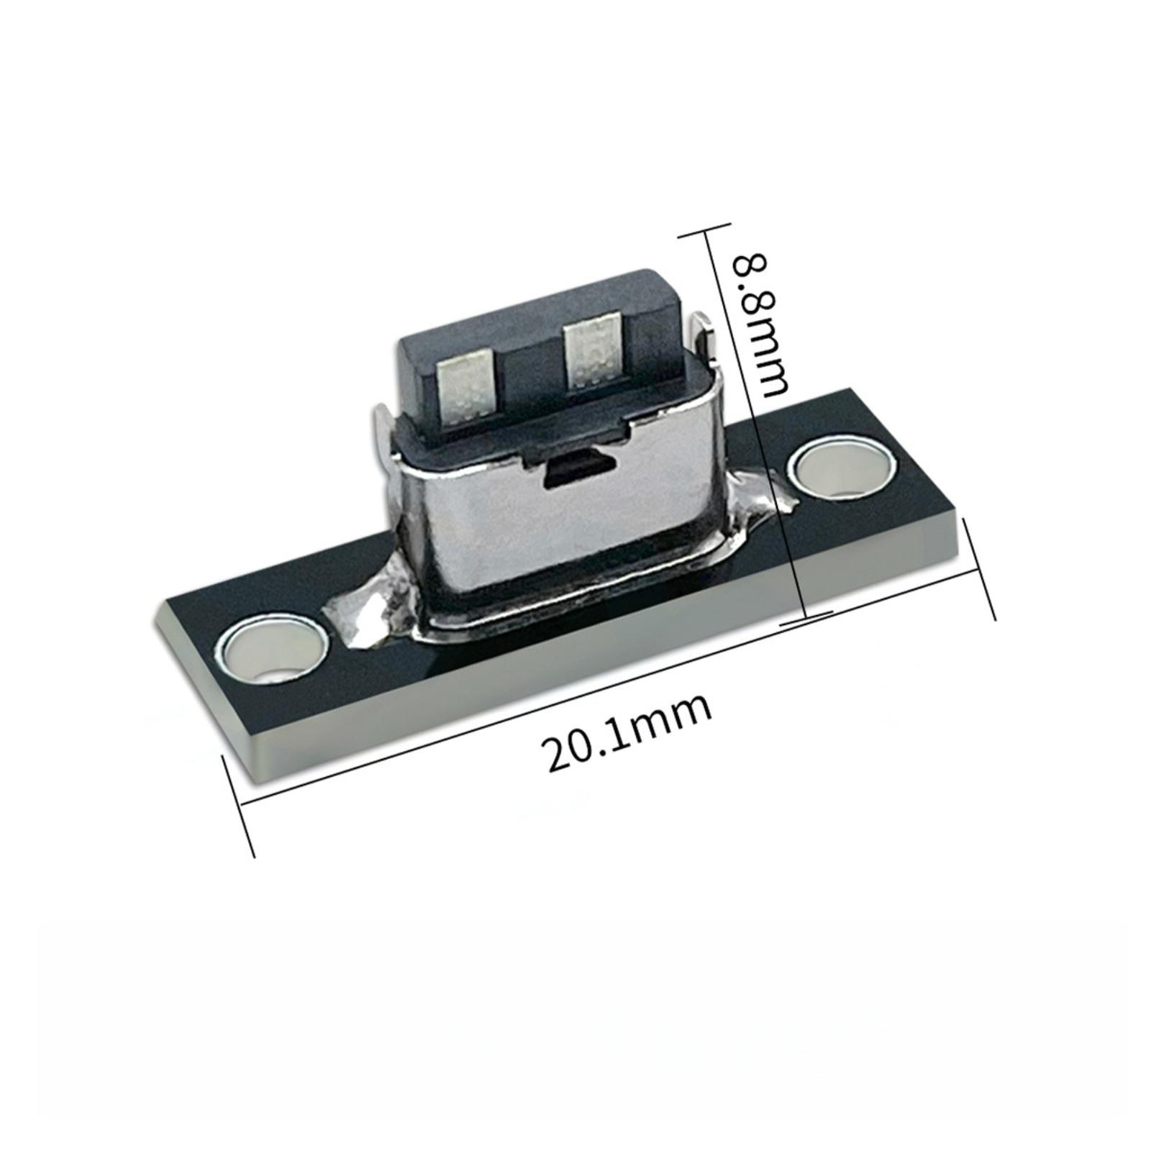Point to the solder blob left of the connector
[374, 604]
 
